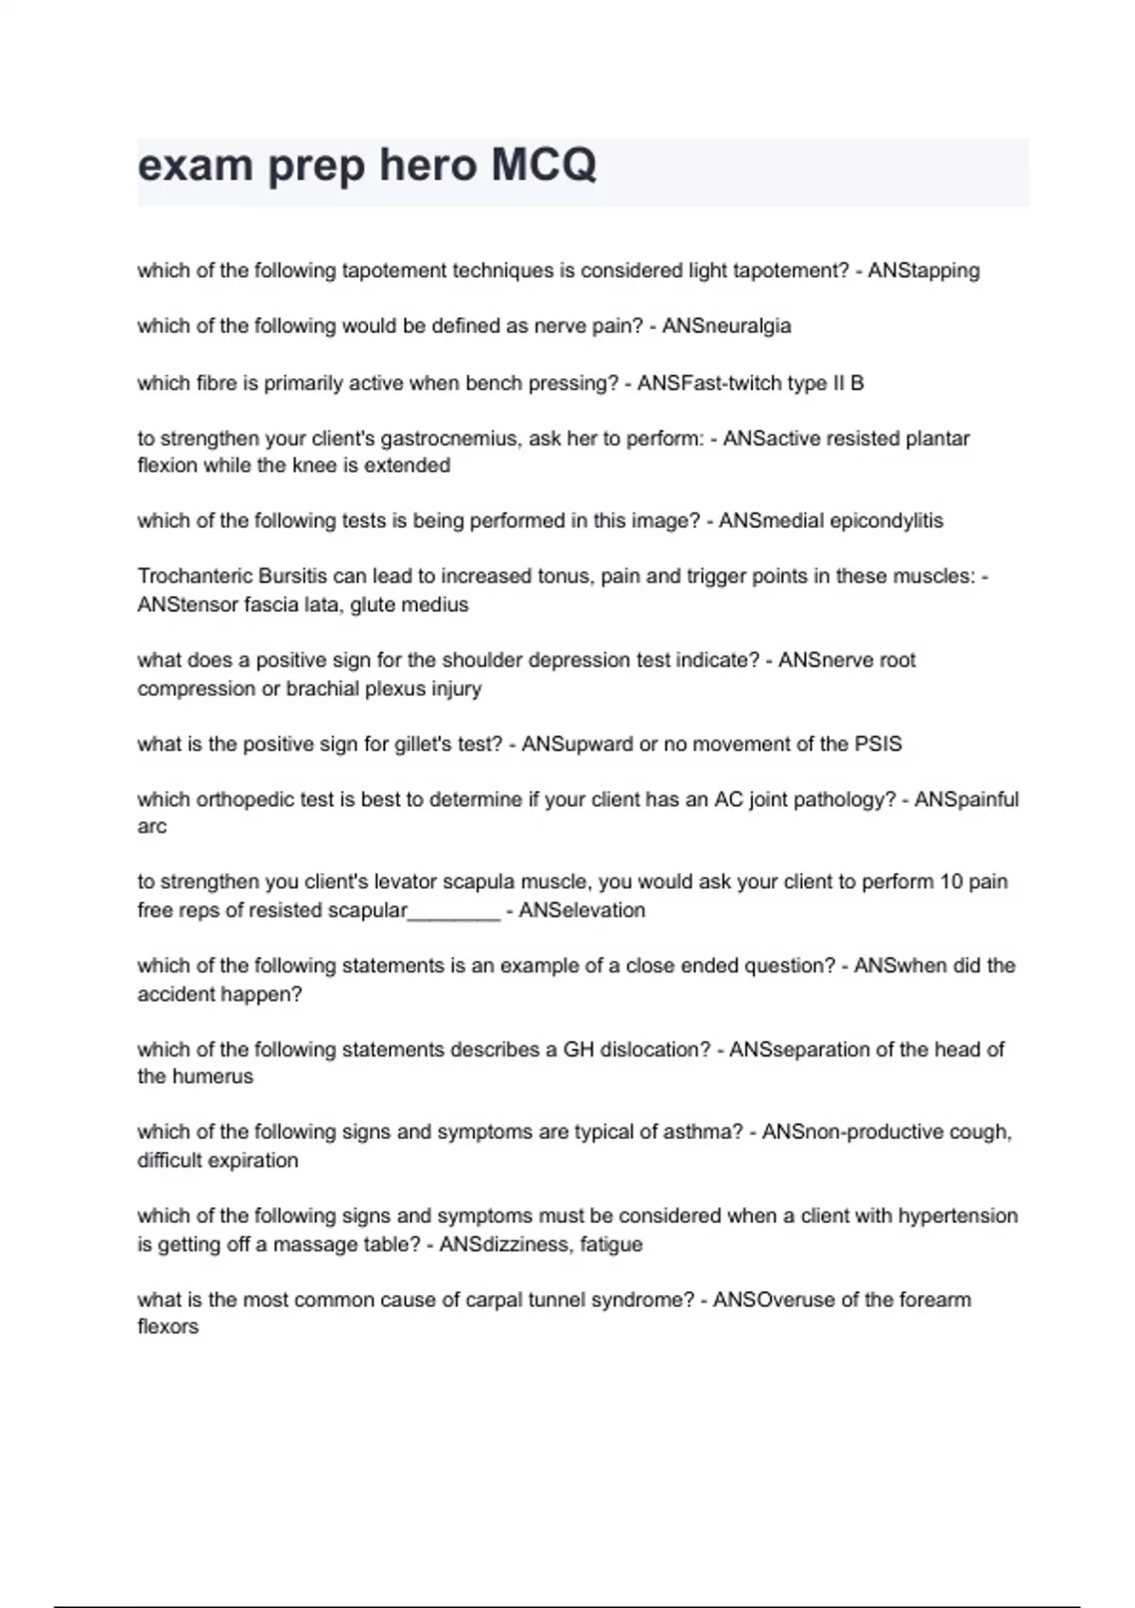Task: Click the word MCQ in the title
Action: pyautogui.click(x=544, y=166)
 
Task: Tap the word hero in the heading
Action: pyautogui.click(x=428, y=166)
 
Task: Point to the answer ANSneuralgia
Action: pyautogui.click(x=726, y=326)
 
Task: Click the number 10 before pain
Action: pyautogui.click(x=950, y=882)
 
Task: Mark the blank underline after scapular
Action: pyautogui.click(x=453, y=912)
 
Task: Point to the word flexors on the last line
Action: pyautogui.click(x=167, y=1326)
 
